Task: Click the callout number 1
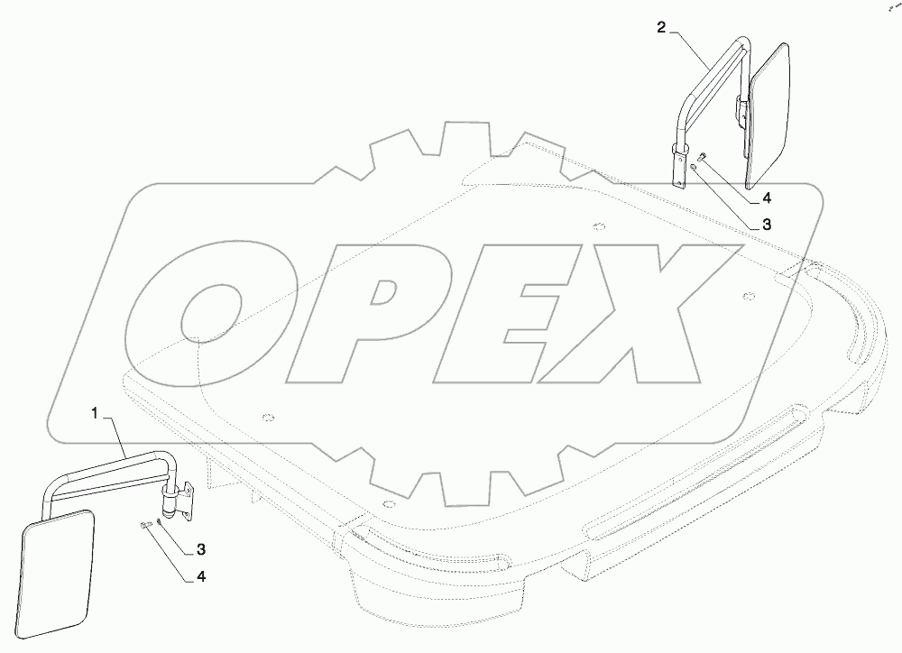point(96,413)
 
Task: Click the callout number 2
point(661,27)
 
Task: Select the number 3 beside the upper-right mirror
point(766,225)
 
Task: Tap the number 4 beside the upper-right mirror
point(766,198)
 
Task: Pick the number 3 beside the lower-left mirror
point(201,550)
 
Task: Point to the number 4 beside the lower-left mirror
point(201,576)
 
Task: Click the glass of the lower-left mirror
point(57,575)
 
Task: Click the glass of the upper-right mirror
point(769,115)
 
